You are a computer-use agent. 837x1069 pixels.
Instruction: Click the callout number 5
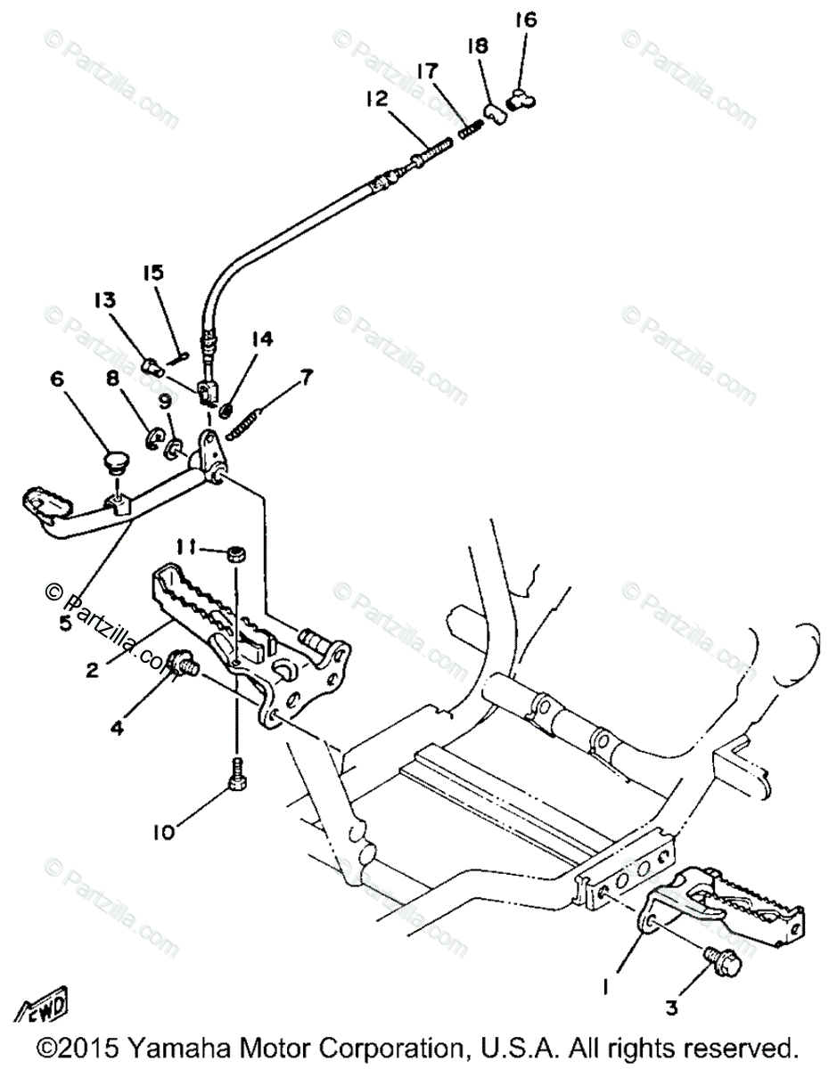point(65,622)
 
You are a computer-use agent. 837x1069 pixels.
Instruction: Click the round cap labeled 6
point(115,462)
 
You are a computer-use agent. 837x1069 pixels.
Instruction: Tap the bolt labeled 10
point(238,773)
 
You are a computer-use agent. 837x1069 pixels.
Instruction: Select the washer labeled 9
point(174,445)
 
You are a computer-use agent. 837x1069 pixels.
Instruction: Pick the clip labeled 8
point(152,440)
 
